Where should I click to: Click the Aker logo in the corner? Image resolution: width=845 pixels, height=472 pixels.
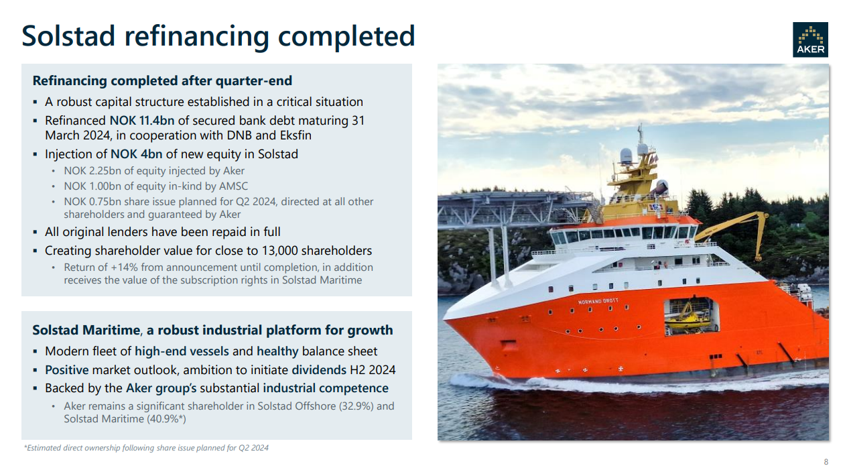pos(810,40)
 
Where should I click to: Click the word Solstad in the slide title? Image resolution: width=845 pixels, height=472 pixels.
pos(68,36)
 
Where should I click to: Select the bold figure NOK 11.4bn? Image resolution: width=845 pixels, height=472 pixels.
pos(142,121)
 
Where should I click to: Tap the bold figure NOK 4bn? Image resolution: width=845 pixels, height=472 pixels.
pos(136,154)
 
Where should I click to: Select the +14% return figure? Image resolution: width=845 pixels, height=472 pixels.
pos(124,268)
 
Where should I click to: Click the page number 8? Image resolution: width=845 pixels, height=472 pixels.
pos(826,462)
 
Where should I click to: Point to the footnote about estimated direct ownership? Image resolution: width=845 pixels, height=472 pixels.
pos(146,448)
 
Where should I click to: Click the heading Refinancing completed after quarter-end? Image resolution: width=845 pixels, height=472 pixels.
pos(162,80)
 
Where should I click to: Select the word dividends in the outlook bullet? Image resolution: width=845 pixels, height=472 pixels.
pos(319,369)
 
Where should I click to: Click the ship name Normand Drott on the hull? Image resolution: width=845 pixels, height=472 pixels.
pos(598,301)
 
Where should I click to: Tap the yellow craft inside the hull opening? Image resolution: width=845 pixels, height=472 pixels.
pos(688,317)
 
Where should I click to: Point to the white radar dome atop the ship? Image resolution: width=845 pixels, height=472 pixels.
pos(626,156)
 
